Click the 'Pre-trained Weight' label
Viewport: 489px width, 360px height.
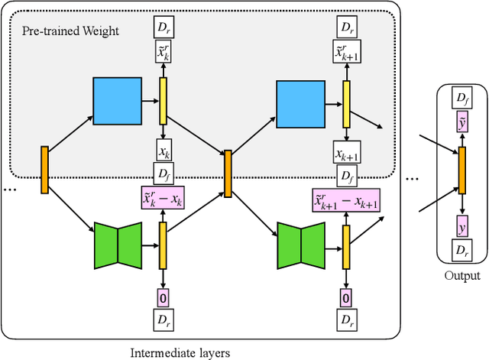[x=74, y=34]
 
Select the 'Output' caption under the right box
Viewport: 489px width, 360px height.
[x=461, y=276]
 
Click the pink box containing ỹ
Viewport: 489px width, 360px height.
[x=461, y=124]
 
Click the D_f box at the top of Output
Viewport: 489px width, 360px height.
[x=461, y=99]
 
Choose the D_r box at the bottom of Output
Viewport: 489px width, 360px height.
[x=461, y=251]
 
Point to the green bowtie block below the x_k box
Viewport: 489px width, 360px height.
[x=118, y=244]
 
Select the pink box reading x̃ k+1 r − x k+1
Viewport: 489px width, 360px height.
[x=346, y=202]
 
